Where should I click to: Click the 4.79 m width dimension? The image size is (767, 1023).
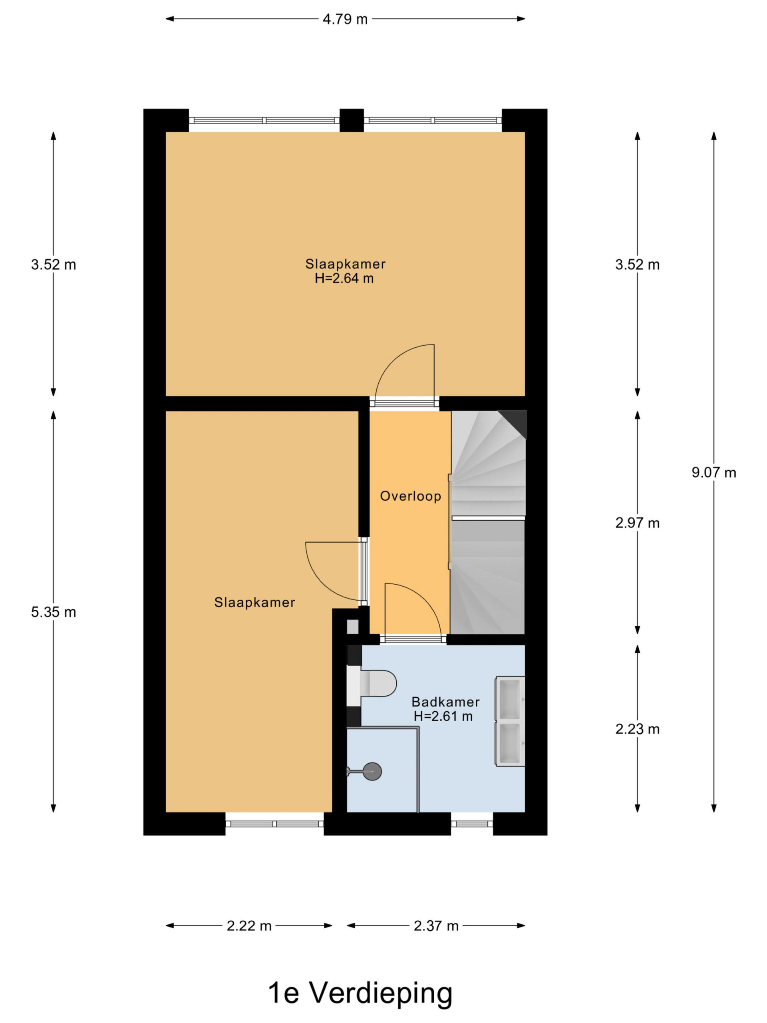345,19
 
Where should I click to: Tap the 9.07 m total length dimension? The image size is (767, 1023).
713,472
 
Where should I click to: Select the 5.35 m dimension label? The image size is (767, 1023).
53,612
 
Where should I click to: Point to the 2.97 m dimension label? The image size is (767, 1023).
637,523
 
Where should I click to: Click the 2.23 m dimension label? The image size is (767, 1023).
637,729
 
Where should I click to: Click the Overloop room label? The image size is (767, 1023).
410,496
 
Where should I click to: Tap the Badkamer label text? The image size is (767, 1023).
445,702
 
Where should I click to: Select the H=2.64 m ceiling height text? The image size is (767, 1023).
344,279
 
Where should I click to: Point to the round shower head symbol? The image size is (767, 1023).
372,771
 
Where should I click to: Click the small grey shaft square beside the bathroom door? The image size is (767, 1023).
352,627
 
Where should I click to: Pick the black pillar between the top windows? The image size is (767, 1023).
352,120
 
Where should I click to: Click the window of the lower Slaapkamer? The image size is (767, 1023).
274,823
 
